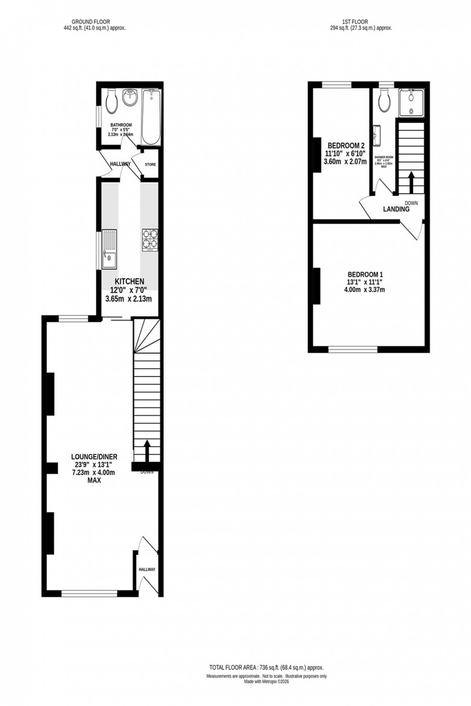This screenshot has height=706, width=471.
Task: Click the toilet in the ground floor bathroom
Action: [111, 102]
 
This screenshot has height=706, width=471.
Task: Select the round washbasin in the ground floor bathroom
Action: [130, 98]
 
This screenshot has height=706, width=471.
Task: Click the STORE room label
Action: [150, 165]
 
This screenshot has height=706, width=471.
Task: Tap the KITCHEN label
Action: [129, 281]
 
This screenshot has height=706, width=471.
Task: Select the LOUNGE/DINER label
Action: [94, 457]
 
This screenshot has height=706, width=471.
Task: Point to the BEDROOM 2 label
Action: [347, 146]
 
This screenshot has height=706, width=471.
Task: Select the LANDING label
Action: [396, 209]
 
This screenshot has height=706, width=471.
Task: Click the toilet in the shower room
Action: [384, 101]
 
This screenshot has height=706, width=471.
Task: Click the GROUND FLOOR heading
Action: [91, 22]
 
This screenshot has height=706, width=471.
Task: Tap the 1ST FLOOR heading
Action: [355, 22]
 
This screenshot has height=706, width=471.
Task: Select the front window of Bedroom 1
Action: [353, 348]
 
